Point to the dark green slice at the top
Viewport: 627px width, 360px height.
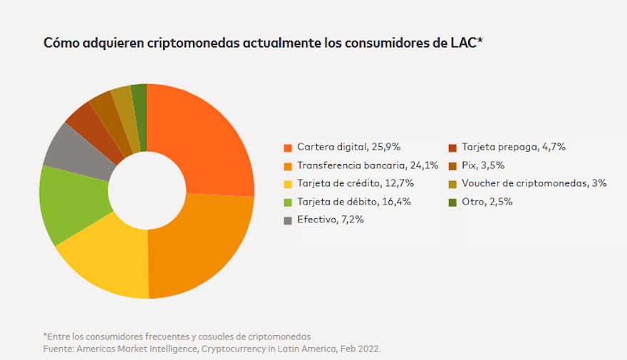140,100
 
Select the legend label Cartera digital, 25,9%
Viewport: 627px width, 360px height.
349,148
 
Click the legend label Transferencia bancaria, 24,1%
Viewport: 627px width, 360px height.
368,165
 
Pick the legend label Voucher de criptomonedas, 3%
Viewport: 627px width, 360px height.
534,183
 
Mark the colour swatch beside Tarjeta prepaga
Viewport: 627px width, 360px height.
452,148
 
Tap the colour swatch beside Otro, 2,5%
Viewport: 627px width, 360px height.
452,202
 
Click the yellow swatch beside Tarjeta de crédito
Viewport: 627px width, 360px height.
288,184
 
